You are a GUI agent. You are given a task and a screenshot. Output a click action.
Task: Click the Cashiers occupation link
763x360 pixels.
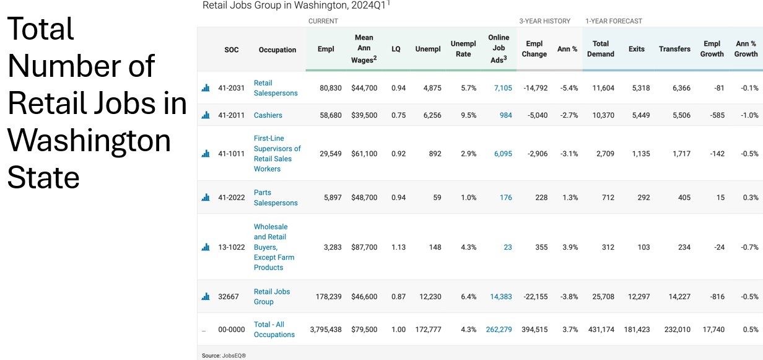click(x=268, y=115)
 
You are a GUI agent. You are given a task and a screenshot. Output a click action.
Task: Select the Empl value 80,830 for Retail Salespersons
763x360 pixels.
click(x=331, y=88)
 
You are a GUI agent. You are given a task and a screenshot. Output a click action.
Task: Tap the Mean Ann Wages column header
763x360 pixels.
click(x=364, y=49)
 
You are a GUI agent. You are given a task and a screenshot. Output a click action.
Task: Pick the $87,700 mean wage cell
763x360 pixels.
click(x=364, y=247)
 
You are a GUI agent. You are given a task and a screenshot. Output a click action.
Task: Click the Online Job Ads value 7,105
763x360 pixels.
click(x=503, y=88)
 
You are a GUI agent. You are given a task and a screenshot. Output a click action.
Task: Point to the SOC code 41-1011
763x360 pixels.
click(x=231, y=154)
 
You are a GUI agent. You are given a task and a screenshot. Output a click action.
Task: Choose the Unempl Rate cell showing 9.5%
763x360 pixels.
click(x=468, y=115)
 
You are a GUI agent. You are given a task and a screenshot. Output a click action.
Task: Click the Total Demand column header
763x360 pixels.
click(x=601, y=49)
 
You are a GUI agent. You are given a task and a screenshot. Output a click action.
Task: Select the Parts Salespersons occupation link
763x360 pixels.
click(x=276, y=198)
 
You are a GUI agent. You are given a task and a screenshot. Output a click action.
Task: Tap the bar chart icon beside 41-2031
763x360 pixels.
click(x=206, y=88)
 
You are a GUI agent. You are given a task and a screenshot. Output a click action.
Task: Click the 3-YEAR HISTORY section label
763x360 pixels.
click(x=544, y=21)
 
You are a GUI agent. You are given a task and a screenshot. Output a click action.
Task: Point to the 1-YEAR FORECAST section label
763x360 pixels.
click(x=614, y=21)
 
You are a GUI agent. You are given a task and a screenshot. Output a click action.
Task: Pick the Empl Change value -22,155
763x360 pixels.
click(x=536, y=297)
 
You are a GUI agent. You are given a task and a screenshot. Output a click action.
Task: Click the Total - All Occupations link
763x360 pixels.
click(x=274, y=329)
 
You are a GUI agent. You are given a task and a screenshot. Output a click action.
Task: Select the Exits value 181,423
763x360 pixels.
click(x=637, y=330)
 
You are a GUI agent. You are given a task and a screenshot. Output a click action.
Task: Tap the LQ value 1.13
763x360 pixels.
click(x=399, y=247)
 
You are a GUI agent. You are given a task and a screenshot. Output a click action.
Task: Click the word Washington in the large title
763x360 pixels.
click(x=89, y=141)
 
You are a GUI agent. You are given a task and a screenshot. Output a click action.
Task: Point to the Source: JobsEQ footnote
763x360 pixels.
click(x=224, y=356)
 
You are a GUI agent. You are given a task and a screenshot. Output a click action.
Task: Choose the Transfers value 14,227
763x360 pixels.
click(x=679, y=297)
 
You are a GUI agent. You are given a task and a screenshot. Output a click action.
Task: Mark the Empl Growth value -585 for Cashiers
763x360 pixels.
click(x=717, y=115)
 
